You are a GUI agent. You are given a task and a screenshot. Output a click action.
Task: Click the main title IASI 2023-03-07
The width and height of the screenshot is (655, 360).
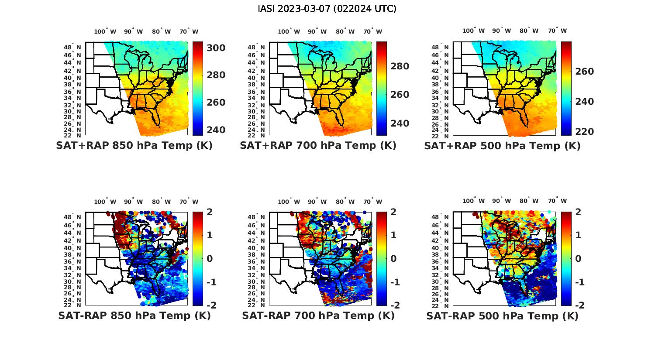(327, 9)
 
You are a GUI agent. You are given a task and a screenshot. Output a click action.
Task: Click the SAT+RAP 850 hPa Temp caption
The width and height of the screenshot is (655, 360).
(134, 146)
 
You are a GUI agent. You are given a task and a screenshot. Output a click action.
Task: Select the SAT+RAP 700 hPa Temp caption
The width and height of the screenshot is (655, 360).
(318, 146)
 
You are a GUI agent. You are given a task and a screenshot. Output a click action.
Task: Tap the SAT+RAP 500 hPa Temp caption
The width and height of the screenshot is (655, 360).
(502, 146)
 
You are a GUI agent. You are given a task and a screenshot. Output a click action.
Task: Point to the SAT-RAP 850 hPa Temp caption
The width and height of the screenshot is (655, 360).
(134, 316)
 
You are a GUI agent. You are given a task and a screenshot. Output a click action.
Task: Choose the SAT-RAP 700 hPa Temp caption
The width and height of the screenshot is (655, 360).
(318, 316)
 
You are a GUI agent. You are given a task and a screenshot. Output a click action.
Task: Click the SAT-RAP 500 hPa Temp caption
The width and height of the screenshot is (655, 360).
(502, 316)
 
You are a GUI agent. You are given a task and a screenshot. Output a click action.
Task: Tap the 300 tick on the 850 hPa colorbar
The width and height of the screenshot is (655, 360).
(216, 48)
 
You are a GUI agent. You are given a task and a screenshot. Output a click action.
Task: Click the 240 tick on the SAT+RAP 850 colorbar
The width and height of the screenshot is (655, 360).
(216, 130)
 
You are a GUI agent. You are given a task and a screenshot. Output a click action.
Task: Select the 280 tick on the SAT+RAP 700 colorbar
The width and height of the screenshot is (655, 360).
(400, 66)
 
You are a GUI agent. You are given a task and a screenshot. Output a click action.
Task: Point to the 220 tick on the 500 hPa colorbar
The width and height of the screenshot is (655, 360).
(584, 132)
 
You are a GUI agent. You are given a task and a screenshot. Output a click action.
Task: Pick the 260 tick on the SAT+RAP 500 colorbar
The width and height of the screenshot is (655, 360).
(584, 72)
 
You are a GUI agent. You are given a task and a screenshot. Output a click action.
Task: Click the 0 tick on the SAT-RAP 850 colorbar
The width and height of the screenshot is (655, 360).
(209, 259)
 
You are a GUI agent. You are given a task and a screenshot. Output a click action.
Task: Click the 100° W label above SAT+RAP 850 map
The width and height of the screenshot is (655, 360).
(105, 31)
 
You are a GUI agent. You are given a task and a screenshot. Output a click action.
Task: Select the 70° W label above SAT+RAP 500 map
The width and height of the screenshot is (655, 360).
(558, 31)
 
